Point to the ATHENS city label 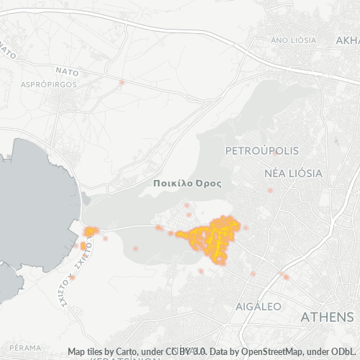coord(327,318)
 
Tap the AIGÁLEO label coord(258,306)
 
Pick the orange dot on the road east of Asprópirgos coord(122,83)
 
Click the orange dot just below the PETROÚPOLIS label coord(274,153)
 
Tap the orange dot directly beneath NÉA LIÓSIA coord(270,191)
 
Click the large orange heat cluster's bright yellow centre coord(216,238)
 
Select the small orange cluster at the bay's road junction coord(91,231)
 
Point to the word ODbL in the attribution coord(346,351)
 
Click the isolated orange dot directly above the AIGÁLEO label coord(253,274)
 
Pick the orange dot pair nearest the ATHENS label coord(285,276)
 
